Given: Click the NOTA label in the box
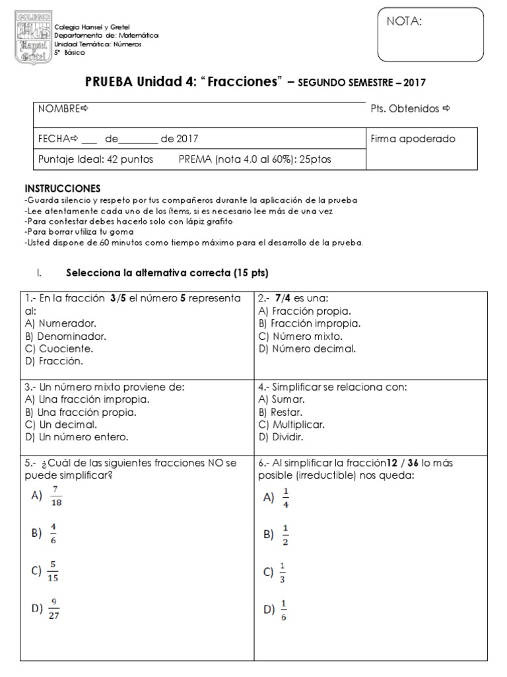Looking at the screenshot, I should pos(403,21).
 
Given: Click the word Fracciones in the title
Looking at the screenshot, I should pos(244,82).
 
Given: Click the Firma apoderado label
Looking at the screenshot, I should pos(413,139).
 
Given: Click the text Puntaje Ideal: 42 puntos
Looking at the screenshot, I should pos(96,159).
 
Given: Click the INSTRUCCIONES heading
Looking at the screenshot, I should pos(62,188).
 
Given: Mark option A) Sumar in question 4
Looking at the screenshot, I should pos(281,399).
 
